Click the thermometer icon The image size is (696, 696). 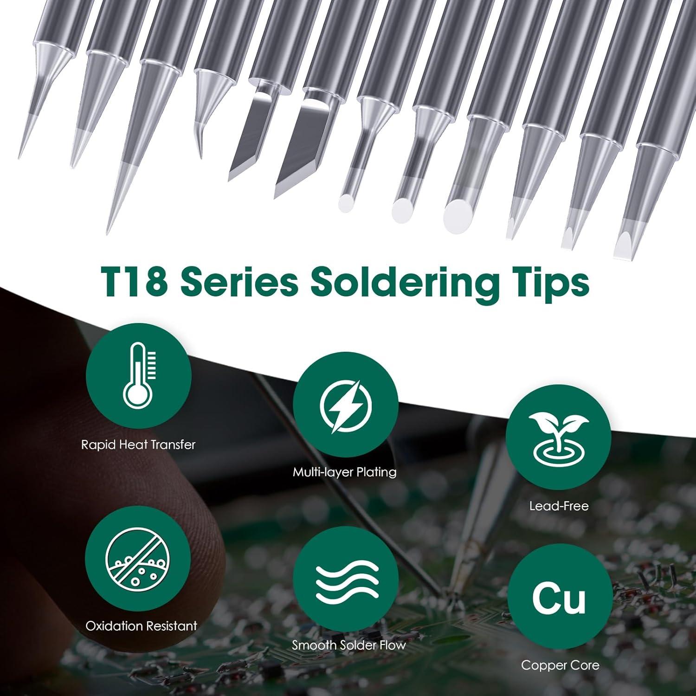click(x=138, y=376)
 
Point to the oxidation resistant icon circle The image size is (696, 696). click(x=138, y=559)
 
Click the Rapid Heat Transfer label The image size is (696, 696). click(x=138, y=445)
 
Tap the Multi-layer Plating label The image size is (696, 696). click(x=345, y=472)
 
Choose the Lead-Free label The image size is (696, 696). click(x=559, y=506)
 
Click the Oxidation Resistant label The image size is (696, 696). click(x=142, y=626)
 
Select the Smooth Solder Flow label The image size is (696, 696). click(x=349, y=645)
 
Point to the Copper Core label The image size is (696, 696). click(x=560, y=665)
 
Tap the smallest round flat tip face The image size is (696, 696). click(x=346, y=202)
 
